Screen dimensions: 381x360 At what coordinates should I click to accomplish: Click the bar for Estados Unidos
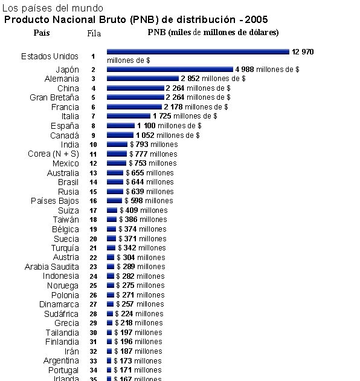pyautogui.click(x=198, y=52)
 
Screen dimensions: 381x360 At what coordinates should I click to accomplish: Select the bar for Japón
pyautogui.click(x=170, y=70)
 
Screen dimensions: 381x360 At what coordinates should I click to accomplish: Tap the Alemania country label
pyautogui.click(x=62, y=79)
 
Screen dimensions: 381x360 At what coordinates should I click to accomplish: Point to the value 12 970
pyautogui.click(x=303, y=52)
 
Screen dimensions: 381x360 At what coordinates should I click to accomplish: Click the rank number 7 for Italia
pyautogui.click(x=93, y=117)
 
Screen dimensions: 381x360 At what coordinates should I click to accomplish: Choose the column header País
pyautogui.click(x=42, y=32)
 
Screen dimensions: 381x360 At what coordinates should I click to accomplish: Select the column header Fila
pyautogui.click(x=94, y=33)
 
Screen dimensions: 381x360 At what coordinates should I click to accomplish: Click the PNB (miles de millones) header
pyautogui.click(x=213, y=32)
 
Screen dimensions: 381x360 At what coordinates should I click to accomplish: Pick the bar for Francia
pyautogui.click(x=134, y=107)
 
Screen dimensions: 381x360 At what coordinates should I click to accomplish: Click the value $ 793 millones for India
pyautogui.click(x=153, y=145)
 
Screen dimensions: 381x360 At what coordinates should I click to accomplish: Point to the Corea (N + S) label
pyautogui.click(x=53, y=154)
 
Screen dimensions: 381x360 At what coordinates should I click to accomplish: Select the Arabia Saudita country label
pyautogui.click(x=51, y=267)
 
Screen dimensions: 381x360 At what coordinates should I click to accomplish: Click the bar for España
pyautogui.click(x=121, y=126)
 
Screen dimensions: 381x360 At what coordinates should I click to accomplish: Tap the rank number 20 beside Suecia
pyautogui.click(x=93, y=239)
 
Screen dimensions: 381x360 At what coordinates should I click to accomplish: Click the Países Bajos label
pyautogui.click(x=55, y=201)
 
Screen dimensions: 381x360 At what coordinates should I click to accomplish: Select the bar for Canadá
pyautogui.click(x=120, y=135)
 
